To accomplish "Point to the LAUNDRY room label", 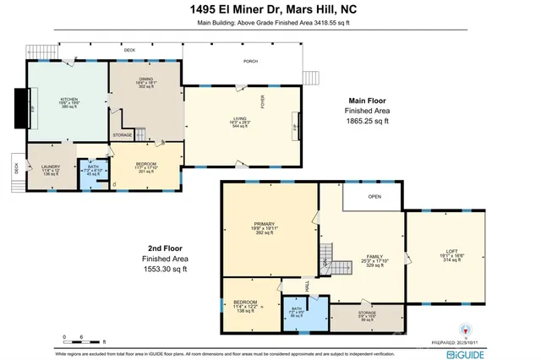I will coord(51,167).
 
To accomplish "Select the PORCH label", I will coord(250,62).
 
